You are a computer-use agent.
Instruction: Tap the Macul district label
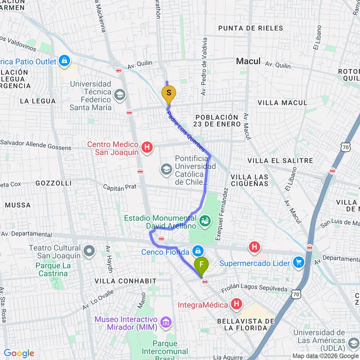point(248,61)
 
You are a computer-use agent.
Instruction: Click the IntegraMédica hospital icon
point(236,304)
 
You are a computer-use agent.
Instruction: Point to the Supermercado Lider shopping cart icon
point(299,263)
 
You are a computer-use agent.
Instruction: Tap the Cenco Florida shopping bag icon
point(197,251)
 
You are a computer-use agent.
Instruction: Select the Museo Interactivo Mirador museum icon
point(166,322)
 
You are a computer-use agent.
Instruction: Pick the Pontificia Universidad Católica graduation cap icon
point(166,169)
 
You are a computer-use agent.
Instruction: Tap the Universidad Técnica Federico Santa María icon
point(120,95)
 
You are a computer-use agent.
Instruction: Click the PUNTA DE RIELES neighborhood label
point(251,28)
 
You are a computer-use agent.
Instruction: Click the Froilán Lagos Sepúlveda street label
point(254,289)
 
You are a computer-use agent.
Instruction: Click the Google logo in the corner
point(19,353)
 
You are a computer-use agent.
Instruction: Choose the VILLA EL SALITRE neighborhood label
point(280,160)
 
